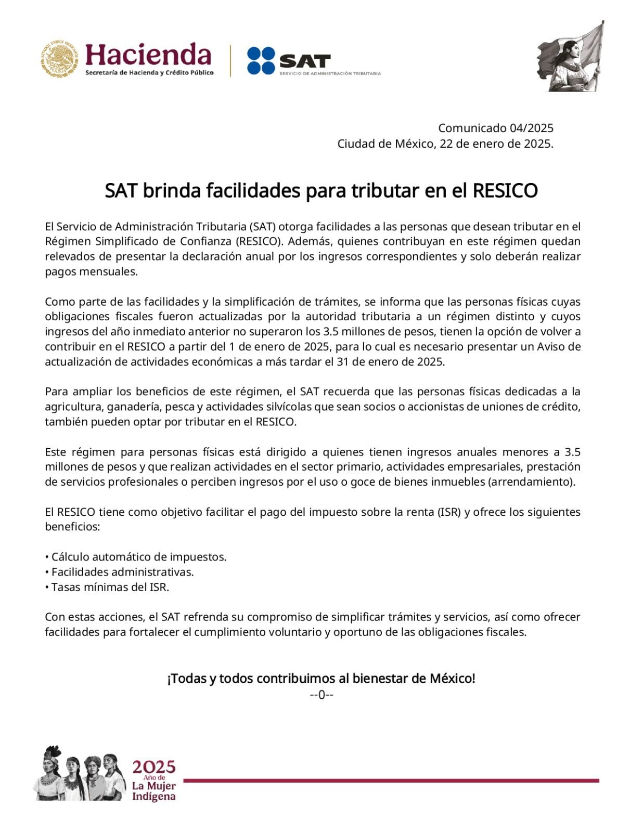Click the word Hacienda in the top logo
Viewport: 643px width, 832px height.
click(x=148, y=55)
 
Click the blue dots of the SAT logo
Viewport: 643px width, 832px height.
click(x=261, y=60)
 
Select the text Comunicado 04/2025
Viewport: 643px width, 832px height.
click(x=495, y=128)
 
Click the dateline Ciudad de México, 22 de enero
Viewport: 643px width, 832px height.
click(x=445, y=144)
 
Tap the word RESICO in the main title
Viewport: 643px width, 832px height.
click(x=505, y=191)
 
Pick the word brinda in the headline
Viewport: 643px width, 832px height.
click(x=171, y=191)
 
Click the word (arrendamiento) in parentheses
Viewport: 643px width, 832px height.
click(x=531, y=482)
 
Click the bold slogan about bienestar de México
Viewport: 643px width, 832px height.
click(x=321, y=678)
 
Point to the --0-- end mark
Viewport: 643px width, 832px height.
click(x=321, y=694)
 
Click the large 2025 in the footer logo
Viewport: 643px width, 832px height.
click(x=153, y=767)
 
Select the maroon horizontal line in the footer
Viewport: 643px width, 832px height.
click(x=390, y=780)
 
